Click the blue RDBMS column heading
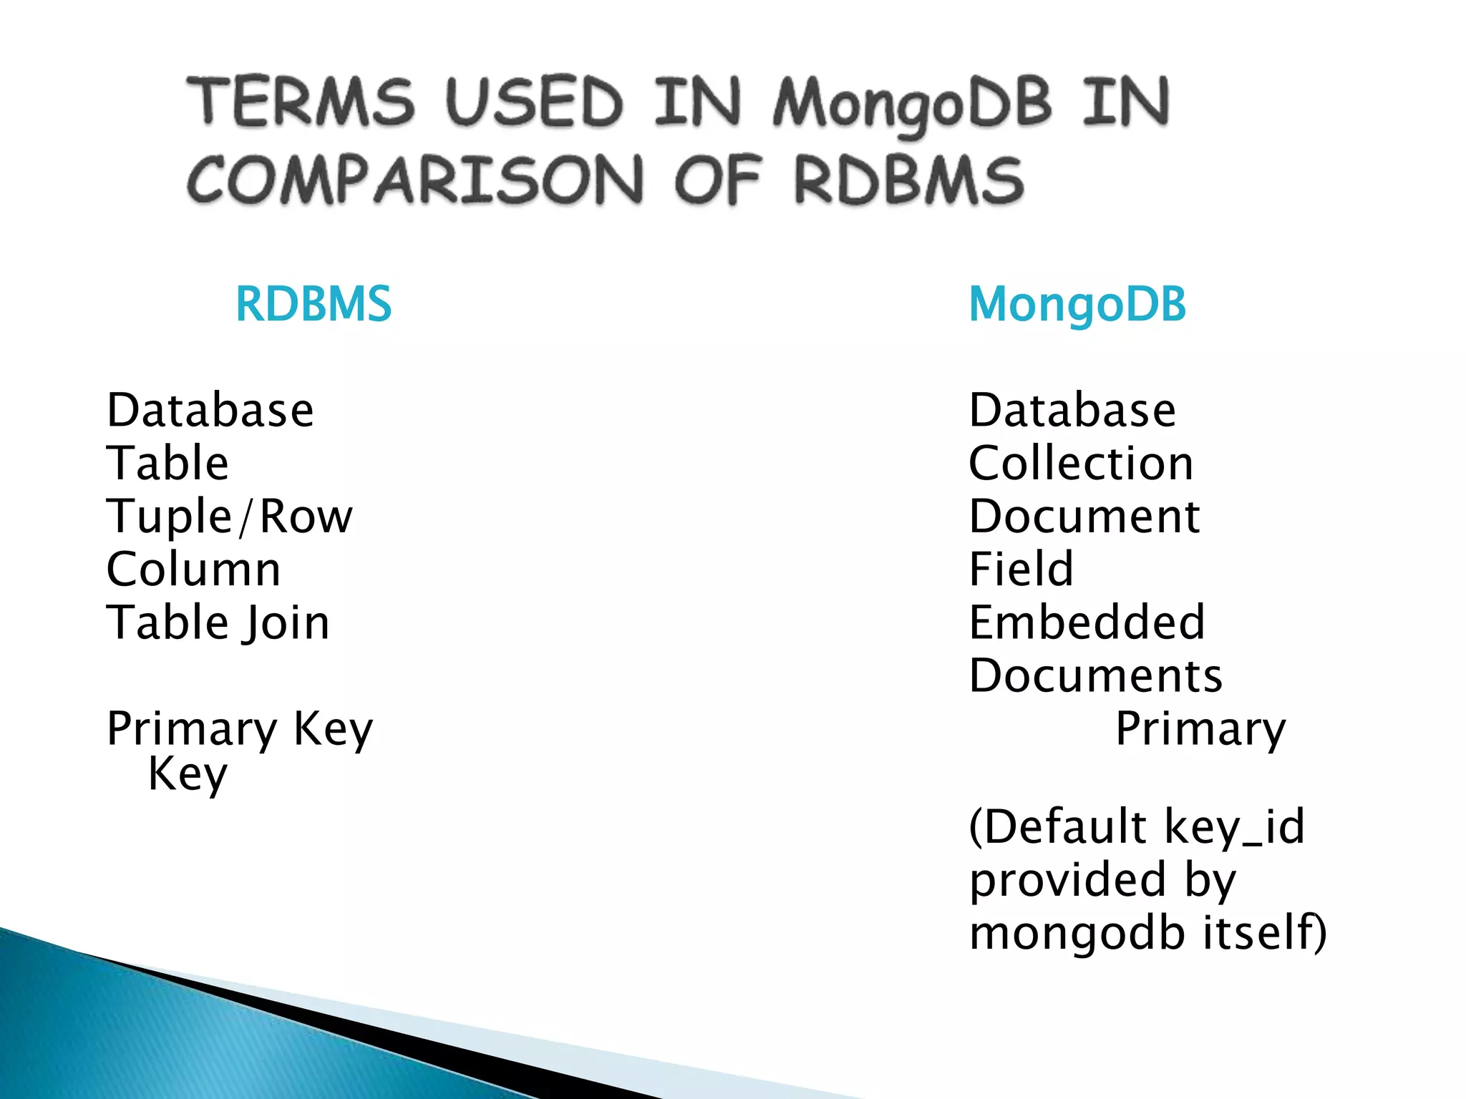[x=314, y=304]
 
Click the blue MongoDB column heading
[x=1077, y=304]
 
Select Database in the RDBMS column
[x=210, y=411]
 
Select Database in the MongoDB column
[x=1072, y=411]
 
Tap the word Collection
[x=1081, y=464]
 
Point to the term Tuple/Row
[x=230, y=517]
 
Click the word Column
[x=193, y=570]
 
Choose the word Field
[x=1021, y=570]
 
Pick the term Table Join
[x=218, y=622]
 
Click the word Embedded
[x=1087, y=622]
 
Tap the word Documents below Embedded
[x=1096, y=675]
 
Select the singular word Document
[x=1084, y=517]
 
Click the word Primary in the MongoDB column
[x=1200, y=730]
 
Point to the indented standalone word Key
[x=188, y=774]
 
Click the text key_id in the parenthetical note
[x=1234, y=827]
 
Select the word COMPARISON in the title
[x=415, y=180]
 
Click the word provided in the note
[x=1067, y=880]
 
